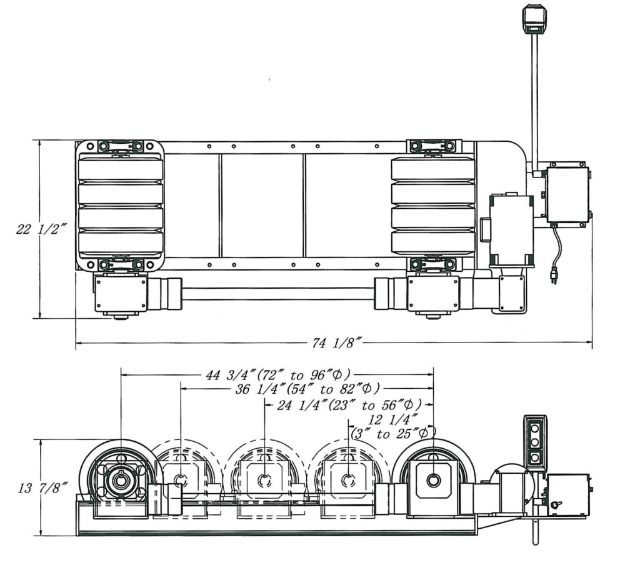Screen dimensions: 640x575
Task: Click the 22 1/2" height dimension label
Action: (41, 229)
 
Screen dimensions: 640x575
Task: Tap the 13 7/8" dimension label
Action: (42, 487)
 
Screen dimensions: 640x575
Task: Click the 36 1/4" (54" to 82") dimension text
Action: (307, 389)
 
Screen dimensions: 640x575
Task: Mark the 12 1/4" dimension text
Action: (393, 419)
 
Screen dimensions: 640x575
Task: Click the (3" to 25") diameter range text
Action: (394, 433)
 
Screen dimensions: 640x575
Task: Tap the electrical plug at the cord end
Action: (554, 276)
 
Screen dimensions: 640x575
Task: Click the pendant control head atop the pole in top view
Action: (535, 19)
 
